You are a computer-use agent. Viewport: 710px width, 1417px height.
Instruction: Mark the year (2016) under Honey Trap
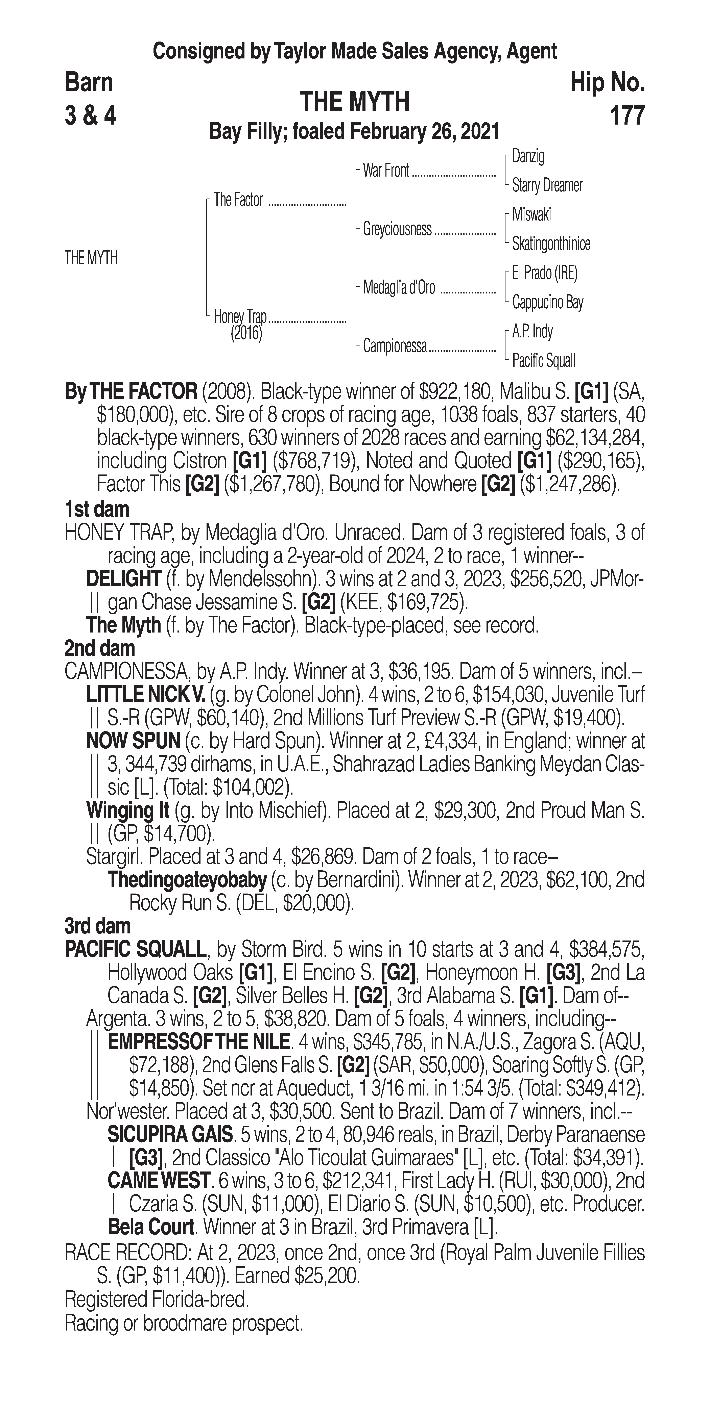[x=246, y=333]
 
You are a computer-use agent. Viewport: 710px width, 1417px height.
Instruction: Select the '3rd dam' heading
[x=97, y=926]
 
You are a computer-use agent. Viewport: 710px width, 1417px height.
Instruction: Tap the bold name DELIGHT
[x=123, y=579]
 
